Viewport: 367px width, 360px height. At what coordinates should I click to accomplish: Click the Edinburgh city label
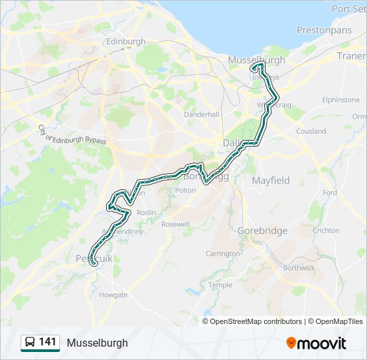(x=125, y=41)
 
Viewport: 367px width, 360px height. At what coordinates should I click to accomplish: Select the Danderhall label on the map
(x=202, y=115)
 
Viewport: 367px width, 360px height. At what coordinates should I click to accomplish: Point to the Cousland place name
(x=311, y=131)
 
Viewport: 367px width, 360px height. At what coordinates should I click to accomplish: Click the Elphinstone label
(x=340, y=99)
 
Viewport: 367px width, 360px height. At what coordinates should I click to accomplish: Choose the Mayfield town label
(x=270, y=180)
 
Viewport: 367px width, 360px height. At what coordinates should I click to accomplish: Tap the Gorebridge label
(x=262, y=231)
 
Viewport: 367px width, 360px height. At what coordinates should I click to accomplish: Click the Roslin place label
(x=146, y=212)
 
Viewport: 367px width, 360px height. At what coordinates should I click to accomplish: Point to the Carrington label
(x=223, y=253)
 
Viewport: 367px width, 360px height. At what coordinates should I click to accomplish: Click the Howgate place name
(x=113, y=294)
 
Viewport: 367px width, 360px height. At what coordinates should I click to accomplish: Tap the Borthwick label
(x=298, y=267)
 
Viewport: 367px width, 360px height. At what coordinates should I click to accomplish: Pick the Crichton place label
(x=326, y=231)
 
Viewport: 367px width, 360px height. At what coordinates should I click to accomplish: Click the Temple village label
(x=220, y=285)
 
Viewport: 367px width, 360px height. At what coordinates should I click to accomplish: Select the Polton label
(x=186, y=190)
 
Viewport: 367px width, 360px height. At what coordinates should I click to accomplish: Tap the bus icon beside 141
(x=29, y=343)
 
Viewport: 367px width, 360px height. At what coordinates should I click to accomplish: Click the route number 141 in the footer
(x=47, y=342)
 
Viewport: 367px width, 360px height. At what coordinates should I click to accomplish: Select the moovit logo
(x=316, y=343)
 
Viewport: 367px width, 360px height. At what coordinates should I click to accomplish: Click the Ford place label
(x=330, y=193)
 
